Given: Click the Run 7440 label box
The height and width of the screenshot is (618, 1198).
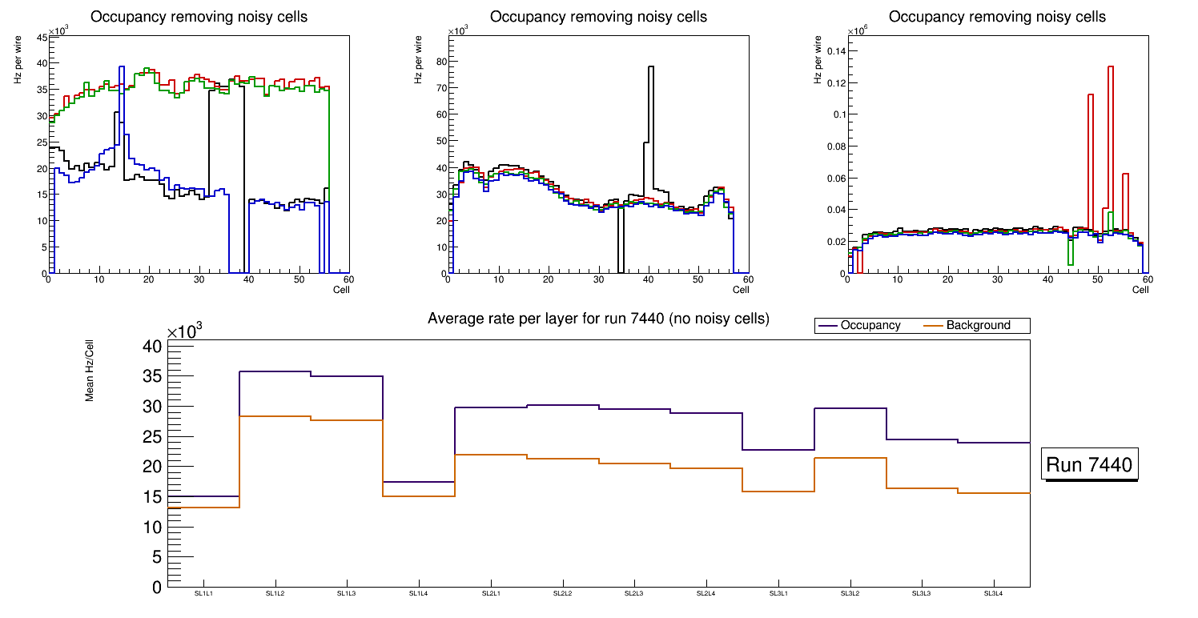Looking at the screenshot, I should (x=1089, y=464).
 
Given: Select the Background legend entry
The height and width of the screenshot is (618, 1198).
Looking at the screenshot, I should (x=978, y=326).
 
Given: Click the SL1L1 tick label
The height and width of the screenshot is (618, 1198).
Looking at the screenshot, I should (x=203, y=594).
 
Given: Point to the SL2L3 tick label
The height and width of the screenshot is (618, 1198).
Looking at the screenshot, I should (x=634, y=594).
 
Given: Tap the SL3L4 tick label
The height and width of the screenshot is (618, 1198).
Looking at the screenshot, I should (x=993, y=594).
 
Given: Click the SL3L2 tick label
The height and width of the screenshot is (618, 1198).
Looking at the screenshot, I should (x=850, y=594).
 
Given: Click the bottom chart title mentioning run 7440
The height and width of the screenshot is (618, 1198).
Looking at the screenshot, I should (x=598, y=319).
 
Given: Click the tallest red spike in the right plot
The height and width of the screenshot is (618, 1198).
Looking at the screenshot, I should (x=1111, y=67).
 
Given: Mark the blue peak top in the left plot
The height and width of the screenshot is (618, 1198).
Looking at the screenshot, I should (x=122, y=67).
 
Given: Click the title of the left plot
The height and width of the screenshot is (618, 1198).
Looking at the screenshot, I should (x=199, y=17).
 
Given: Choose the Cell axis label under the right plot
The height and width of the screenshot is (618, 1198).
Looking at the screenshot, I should (x=1140, y=289).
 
